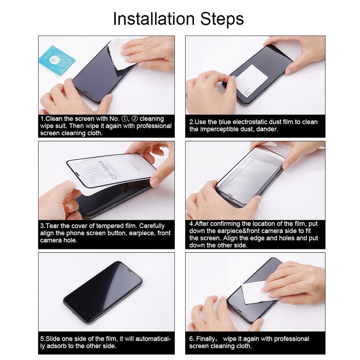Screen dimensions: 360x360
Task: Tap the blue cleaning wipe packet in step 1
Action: [57, 57]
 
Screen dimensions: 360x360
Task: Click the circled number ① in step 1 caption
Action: [124, 119]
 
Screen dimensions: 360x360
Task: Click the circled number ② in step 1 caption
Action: [134, 119]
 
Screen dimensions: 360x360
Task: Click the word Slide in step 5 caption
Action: [53, 339]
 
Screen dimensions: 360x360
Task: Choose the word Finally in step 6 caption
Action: [206, 339]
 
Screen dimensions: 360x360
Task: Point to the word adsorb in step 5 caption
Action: [56, 346]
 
